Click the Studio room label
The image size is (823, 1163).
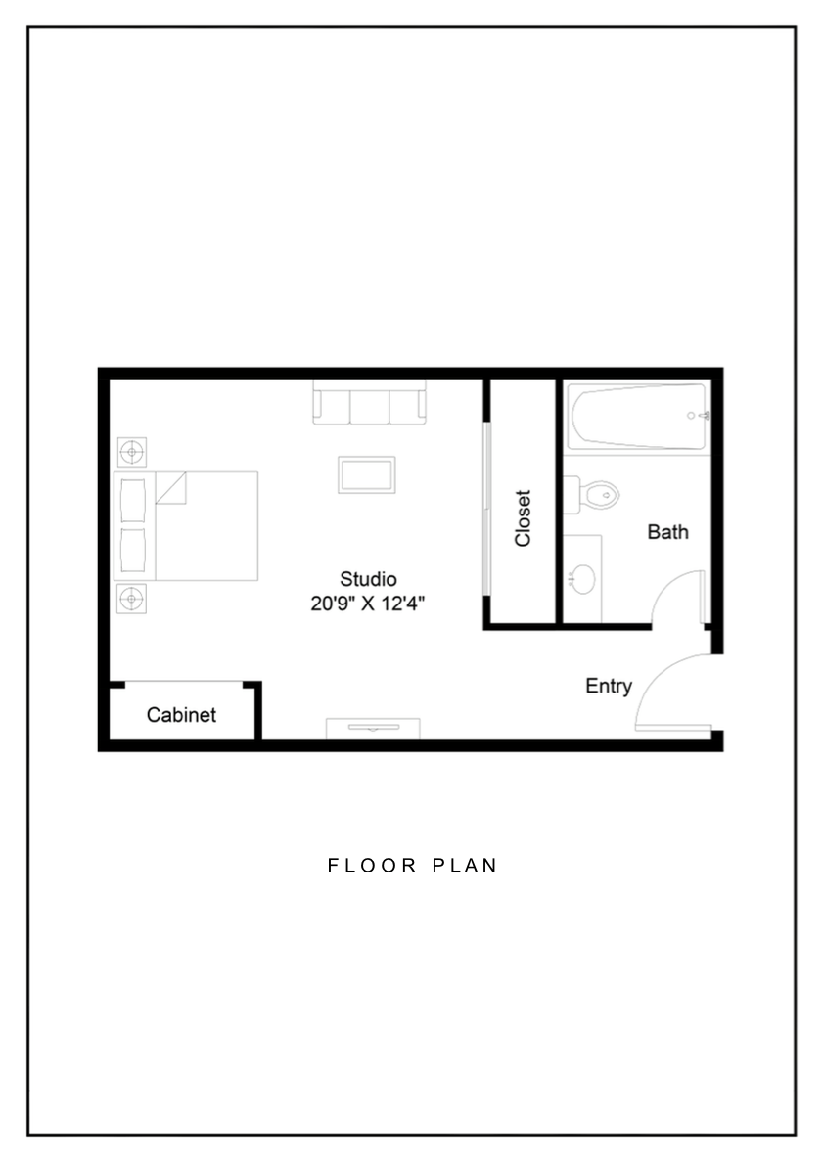(368, 578)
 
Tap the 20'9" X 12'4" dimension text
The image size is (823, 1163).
(368, 604)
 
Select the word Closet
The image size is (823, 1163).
(523, 518)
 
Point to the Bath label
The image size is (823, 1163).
(667, 532)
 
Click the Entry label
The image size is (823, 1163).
(609, 687)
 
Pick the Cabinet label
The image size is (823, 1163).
(181, 715)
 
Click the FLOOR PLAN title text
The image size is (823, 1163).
(412, 866)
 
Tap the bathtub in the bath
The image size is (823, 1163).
(637, 417)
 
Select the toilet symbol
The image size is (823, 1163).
(595, 495)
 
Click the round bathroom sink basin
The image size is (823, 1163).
(583, 577)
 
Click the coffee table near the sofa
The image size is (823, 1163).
(367, 475)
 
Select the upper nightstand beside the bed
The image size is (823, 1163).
(132, 452)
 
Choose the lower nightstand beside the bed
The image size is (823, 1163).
(132, 598)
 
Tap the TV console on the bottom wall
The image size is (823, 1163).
(373, 728)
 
